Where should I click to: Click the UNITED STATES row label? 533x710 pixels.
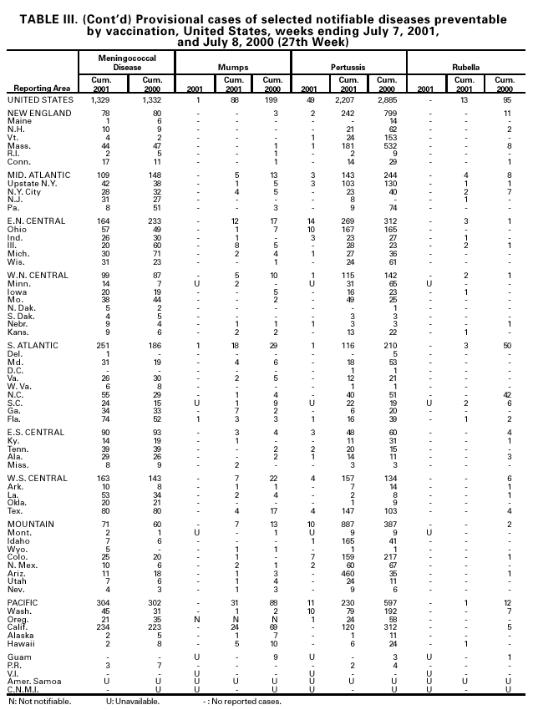41,100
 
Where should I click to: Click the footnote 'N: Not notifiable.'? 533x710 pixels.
39,700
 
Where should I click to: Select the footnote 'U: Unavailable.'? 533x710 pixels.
126,700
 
